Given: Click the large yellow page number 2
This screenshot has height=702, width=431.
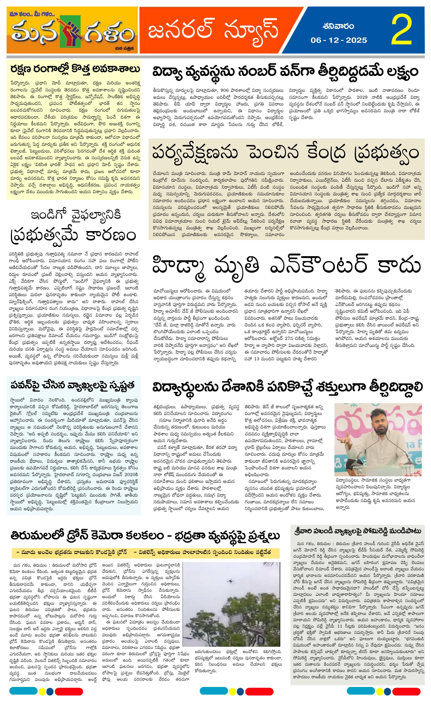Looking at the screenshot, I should point(402,30).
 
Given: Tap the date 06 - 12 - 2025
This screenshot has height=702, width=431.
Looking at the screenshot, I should point(339,40).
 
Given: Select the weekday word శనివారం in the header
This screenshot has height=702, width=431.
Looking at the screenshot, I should point(339,27).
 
